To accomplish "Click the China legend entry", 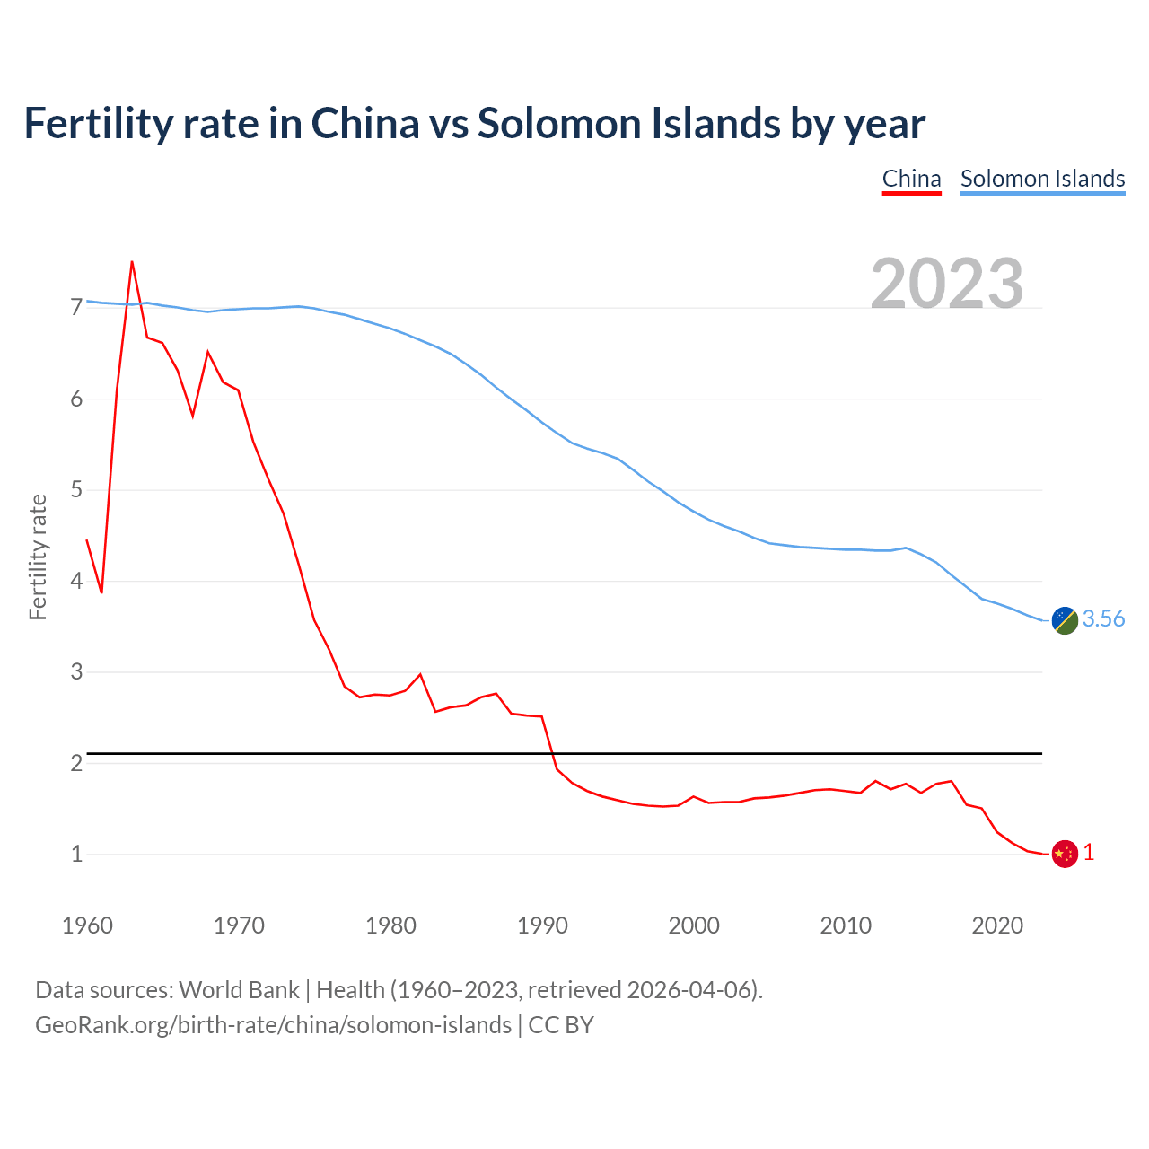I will pos(911,179).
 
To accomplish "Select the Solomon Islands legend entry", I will pos(1042,179).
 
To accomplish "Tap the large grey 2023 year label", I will pos(947,284).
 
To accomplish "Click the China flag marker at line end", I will pos(1065,854).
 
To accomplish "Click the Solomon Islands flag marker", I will pos(1065,619).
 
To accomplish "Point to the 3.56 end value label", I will pos(1103,618).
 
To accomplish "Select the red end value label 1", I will pos(1089,853).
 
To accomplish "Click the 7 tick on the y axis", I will pos(76,308).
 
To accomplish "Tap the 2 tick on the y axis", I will pos(76,763).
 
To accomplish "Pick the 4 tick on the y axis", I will pos(76,581).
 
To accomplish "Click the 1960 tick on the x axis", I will pos(87,925).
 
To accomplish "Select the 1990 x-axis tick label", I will pos(542,925).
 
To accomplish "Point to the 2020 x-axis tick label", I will pos(997,925).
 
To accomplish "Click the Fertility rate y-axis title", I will pos(38,557).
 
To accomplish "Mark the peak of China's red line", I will pos(132,262).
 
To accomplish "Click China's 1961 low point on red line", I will pos(101,592).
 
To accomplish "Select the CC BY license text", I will pos(561,1025).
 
